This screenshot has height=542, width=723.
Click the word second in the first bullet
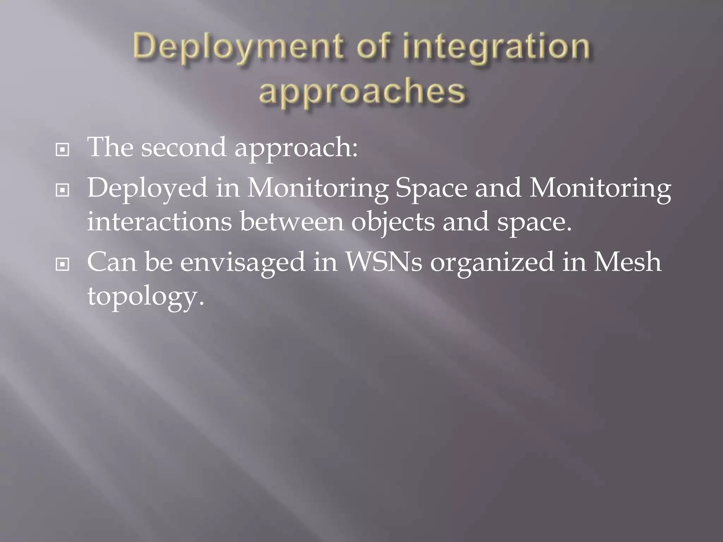coord(184,147)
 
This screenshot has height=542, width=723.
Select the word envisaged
coord(243,263)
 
